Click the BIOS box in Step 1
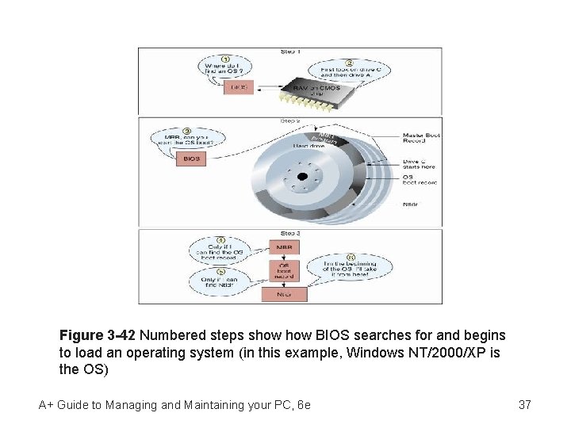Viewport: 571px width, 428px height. click(239, 87)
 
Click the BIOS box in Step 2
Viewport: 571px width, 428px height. click(192, 159)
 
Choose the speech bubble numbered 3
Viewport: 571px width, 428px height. click(187, 138)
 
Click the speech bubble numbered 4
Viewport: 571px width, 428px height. click(222, 252)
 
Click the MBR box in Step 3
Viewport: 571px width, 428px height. click(283, 247)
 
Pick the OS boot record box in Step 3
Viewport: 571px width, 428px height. click(283, 270)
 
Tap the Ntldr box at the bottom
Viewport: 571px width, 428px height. click(283, 293)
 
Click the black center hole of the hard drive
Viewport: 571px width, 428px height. click(302, 177)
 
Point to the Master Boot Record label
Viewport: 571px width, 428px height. click(421, 139)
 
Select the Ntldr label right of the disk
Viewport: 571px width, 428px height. click(411, 204)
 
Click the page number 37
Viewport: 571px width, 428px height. click(524, 405)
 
